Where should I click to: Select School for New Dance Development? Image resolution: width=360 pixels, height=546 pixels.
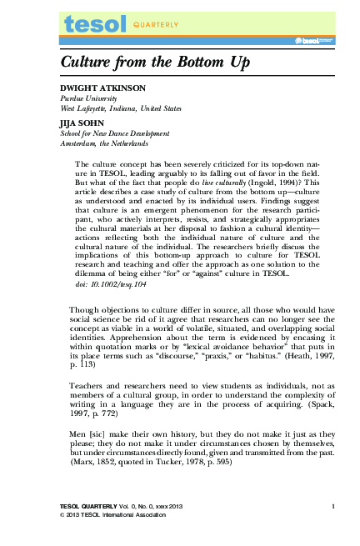point(115,133)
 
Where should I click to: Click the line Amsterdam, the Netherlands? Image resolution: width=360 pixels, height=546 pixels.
point(103,143)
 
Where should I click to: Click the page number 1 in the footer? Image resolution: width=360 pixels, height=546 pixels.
point(332,506)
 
